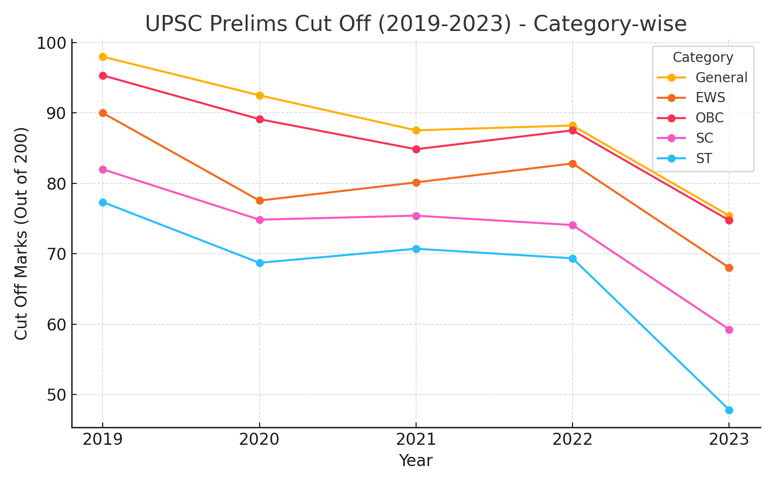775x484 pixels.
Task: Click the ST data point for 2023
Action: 729,410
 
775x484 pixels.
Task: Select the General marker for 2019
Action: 103,57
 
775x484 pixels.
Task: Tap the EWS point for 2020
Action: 260,200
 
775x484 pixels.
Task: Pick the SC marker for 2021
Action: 416,216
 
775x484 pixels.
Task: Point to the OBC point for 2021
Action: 416,149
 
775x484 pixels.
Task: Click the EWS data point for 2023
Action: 729,268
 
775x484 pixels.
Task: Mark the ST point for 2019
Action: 103,202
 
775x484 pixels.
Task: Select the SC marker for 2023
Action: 729,330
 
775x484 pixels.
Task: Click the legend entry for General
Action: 721,77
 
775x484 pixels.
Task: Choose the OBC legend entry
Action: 709,118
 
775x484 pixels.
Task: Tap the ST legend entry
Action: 704,158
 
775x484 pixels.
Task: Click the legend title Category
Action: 703,58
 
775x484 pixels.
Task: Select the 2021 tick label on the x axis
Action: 416,439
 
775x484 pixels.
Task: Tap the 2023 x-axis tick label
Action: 729,439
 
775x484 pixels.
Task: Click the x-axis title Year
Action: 416,461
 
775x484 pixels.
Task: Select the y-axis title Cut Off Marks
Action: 21,233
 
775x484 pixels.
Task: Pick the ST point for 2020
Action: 260,263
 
